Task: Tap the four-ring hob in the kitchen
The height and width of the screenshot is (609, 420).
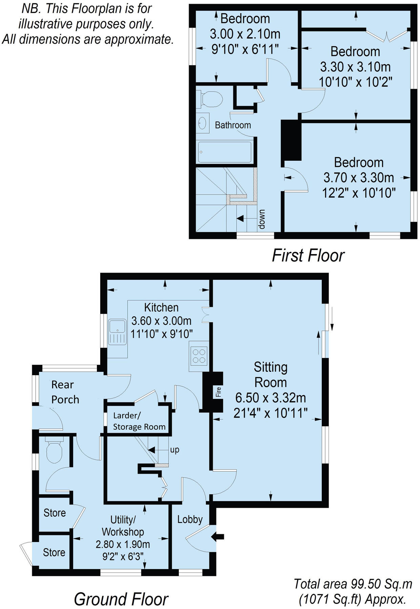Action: coord(198,356)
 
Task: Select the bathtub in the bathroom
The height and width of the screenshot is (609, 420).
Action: coord(225,152)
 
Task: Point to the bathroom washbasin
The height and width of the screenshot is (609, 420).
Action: coord(203,123)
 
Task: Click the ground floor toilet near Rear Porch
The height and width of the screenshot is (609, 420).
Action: coord(54,451)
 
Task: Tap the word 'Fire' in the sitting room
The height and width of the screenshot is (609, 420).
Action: coord(218,392)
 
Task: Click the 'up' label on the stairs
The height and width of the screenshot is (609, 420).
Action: coord(174,450)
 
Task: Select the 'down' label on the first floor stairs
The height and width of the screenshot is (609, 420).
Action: coord(261,219)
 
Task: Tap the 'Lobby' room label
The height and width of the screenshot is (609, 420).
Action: coord(190,519)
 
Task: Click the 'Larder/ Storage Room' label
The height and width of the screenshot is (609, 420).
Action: coord(139,421)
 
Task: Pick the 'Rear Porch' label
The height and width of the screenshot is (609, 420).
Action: coord(65,392)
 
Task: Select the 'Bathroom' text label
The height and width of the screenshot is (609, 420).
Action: coord(233,125)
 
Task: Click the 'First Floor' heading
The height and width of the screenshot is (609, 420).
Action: coord(308,255)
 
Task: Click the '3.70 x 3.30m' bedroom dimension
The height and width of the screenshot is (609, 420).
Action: coord(358,177)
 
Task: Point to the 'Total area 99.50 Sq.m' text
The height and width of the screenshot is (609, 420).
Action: coord(353,584)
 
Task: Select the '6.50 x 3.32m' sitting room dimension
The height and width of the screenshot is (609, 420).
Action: coord(270,398)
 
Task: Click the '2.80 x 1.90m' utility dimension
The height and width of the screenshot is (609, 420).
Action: coord(123,544)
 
